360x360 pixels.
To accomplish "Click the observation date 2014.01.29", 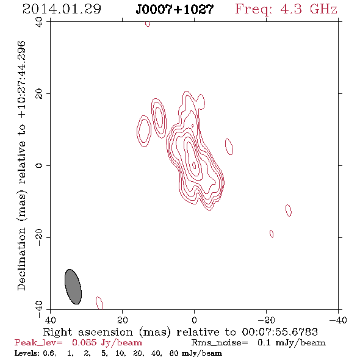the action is (62, 9).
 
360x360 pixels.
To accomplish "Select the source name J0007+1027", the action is (175, 9).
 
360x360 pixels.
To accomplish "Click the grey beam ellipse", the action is (73, 287).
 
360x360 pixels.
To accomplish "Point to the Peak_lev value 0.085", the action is (84, 342).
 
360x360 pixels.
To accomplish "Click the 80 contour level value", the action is (174, 353).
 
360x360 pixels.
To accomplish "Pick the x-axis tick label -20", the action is (266, 320).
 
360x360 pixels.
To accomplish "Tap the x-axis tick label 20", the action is (123, 320).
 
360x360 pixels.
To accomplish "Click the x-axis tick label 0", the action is (194, 320).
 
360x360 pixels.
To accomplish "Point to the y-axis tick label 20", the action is (39, 94).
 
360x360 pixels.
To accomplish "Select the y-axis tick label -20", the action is (39, 237).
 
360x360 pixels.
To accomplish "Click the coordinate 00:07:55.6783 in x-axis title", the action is (279, 332).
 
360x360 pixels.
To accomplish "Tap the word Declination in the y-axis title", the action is (21, 259).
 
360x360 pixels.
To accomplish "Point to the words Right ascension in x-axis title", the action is (88, 332).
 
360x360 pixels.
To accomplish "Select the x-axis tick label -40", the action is (338, 320).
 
